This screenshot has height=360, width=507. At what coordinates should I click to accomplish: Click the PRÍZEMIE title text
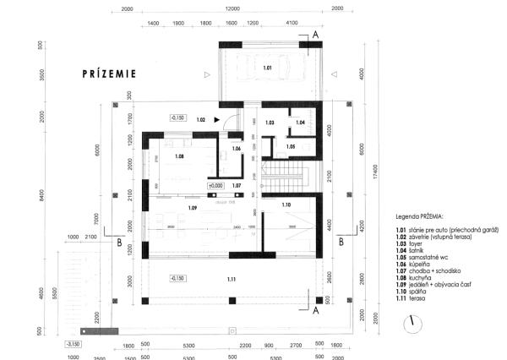(109, 74)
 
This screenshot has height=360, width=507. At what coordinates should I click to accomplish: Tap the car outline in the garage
(268, 67)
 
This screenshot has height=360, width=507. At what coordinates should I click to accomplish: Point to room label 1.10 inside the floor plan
(286, 205)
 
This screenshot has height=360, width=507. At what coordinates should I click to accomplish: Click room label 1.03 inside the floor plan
(270, 123)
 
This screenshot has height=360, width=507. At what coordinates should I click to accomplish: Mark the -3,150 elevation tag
(73, 344)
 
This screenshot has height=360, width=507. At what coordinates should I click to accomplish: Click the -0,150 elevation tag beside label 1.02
(177, 118)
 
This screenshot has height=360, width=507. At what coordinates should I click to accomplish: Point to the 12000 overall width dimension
(231, 8)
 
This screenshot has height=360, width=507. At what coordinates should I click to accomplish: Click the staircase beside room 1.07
(286, 177)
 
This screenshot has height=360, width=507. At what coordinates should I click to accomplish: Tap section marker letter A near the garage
(314, 35)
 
